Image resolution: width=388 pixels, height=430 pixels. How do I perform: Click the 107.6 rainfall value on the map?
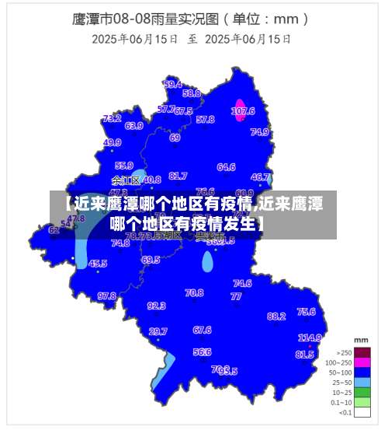pos(243,111)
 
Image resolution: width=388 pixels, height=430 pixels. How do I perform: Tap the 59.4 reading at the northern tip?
pos(173,84)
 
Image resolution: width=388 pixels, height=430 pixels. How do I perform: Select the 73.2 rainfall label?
pos(112,119)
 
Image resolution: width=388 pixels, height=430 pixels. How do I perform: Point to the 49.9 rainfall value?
pos(113,142)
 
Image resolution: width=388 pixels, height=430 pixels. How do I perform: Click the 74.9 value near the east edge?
pos(260,132)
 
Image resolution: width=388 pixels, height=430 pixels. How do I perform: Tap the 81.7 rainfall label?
pos(178,176)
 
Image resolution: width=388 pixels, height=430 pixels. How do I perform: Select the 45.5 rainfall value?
pos(98,264)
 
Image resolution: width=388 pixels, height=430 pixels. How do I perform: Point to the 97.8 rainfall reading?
pos(106,295)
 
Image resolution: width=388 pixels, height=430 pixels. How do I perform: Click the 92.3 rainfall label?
pos(156,306)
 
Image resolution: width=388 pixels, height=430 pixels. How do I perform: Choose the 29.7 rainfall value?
pos(158,331)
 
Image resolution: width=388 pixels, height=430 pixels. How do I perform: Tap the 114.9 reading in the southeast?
pos(310,337)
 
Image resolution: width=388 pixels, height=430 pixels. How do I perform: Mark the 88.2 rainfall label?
pos(276,316)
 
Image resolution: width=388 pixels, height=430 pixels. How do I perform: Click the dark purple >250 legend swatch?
pos(362,352)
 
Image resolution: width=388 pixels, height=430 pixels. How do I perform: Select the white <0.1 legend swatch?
pos(362,413)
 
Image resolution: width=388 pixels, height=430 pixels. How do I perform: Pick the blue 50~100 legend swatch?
pos(362,372)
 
